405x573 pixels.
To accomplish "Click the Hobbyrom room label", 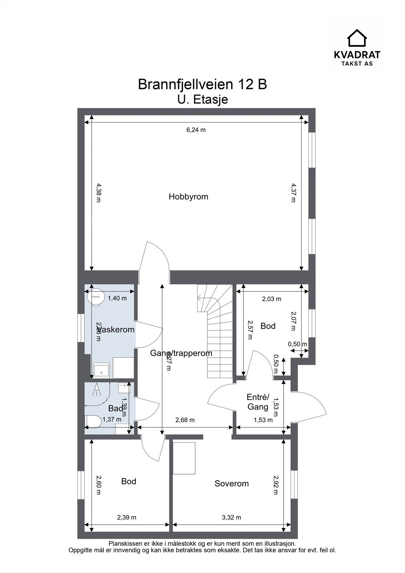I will pyautogui.click(x=188, y=197).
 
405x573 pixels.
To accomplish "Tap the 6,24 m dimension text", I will pyautogui.click(x=196, y=130).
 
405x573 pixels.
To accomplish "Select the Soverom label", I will pyautogui.click(x=231, y=483).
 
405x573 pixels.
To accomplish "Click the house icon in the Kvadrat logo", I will pyautogui.click(x=357, y=38).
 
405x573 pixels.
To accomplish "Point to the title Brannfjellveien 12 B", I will pyautogui.click(x=202, y=85).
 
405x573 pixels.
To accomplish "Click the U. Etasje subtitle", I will pyautogui.click(x=202, y=100).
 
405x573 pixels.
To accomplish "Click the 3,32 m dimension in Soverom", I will pyautogui.click(x=231, y=517).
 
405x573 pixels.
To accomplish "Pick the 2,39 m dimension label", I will pyautogui.click(x=127, y=517).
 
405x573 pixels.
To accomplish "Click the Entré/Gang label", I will pyautogui.click(x=257, y=402).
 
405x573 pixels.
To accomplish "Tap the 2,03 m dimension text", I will pyautogui.click(x=271, y=299).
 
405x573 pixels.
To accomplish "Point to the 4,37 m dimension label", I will pyautogui.click(x=293, y=193).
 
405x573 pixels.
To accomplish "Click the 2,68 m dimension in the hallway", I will pyautogui.click(x=185, y=420).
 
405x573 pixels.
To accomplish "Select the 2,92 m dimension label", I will pyautogui.click(x=275, y=485).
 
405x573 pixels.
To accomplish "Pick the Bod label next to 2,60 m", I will pyautogui.click(x=129, y=481).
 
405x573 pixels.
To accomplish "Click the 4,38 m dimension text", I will pyautogui.click(x=98, y=193).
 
